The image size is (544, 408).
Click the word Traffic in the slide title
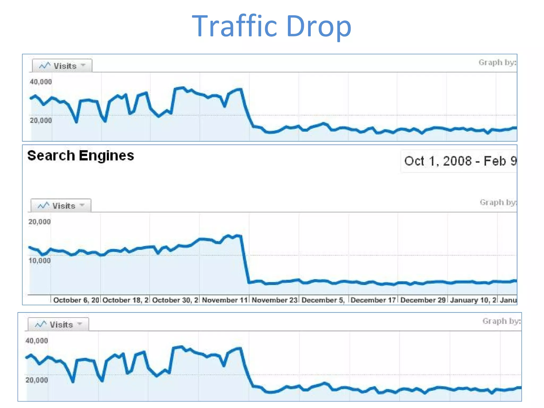[x=235, y=26]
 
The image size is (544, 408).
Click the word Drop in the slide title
[x=319, y=26]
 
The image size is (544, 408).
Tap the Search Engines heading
[x=80, y=156]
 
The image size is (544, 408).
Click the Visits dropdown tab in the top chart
[x=62, y=66]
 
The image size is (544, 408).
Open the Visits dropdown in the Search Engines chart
[x=61, y=206]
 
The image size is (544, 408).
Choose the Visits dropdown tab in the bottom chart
[x=58, y=324]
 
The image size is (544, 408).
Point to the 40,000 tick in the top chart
[x=41, y=82]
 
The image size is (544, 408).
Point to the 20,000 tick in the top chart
[x=41, y=121]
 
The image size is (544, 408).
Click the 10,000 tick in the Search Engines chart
[x=39, y=261]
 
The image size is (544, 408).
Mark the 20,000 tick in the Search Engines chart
[x=39, y=222]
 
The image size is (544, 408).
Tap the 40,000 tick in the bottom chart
[x=36, y=341]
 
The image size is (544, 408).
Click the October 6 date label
[x=76, y=300]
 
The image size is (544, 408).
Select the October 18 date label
[x=125, y=300]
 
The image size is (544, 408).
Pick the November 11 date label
[x=225, y=300]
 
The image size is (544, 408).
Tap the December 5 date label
[x=323, y=300]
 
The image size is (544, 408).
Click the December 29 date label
[x=423, y=300]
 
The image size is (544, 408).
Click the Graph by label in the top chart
[x=497, y=62]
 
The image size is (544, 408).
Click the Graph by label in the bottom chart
[x=501, y=321]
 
